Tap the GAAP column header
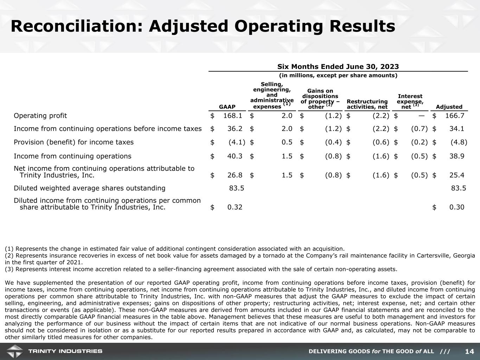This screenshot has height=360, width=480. point(227,107)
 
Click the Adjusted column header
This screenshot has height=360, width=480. point(449,107)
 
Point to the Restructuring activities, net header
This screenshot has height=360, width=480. point(367,104)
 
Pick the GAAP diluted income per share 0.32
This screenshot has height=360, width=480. point(235,207)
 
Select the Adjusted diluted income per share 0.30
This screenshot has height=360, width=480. point(457,207)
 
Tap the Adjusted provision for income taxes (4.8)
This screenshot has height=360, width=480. point(459,142)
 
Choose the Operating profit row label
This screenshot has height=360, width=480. point(40,116)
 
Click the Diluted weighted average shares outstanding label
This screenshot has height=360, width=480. point(89,188)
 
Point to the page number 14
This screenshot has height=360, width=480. point(469,352)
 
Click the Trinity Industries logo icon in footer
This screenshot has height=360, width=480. point(14,351)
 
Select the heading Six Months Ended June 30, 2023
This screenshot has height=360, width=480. point(338,67)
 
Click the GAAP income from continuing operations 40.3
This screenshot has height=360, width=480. point(235,156)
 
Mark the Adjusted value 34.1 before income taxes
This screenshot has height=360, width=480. point(457,129)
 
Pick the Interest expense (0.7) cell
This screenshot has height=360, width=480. point(419,129)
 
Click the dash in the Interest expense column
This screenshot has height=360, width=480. point(421,116)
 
